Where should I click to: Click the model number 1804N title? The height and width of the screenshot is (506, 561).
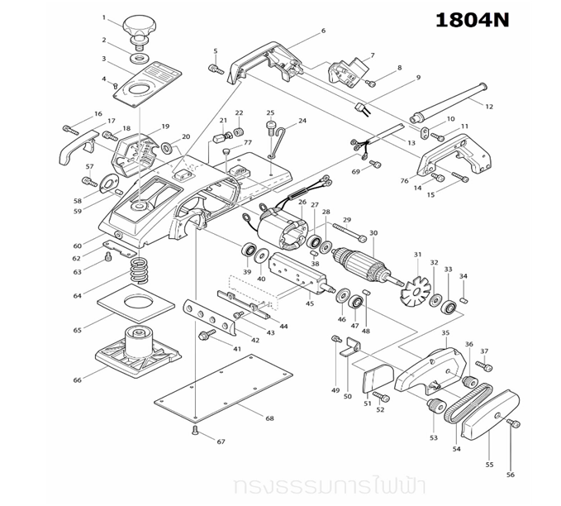473,21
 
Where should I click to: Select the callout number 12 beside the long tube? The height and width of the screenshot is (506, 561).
489,106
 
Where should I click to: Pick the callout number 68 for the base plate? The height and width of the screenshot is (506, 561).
269,419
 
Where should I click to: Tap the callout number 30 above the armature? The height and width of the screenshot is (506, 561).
373,233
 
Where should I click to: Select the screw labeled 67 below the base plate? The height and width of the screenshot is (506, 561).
195,431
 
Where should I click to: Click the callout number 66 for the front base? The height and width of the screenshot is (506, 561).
78,379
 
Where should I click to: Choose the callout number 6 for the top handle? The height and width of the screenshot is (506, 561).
323,31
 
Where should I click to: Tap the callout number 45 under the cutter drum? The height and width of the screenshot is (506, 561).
310,303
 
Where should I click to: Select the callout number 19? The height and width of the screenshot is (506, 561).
165,126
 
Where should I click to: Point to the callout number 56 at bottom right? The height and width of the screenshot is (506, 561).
510,475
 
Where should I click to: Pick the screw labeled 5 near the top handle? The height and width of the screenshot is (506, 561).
217,69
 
